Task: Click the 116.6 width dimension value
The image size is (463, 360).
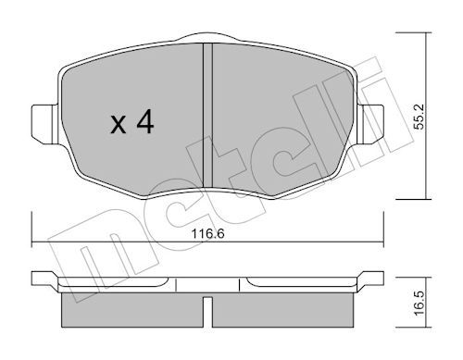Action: click(207, 234)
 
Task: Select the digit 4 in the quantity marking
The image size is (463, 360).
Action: click(145, 121)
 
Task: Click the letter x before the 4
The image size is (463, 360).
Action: click(119, 125)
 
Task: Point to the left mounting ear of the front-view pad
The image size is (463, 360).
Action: click(44, 124)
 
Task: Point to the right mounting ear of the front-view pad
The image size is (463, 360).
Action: click(370, 124)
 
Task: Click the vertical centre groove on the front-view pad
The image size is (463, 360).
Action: click(207, 116)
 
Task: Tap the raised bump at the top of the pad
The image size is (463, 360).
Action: click(207, 36)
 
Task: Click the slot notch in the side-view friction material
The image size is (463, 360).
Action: click(207, 312)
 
